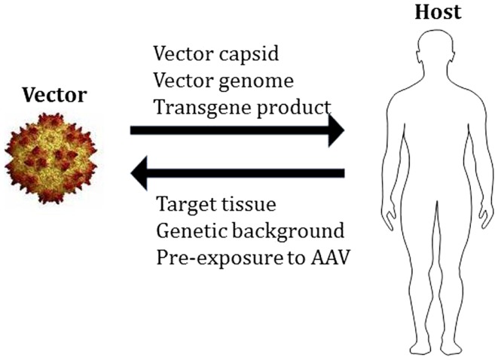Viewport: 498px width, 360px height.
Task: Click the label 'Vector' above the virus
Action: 53,95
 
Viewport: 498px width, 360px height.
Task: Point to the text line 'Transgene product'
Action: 241,106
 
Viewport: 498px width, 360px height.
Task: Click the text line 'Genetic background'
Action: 251,230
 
